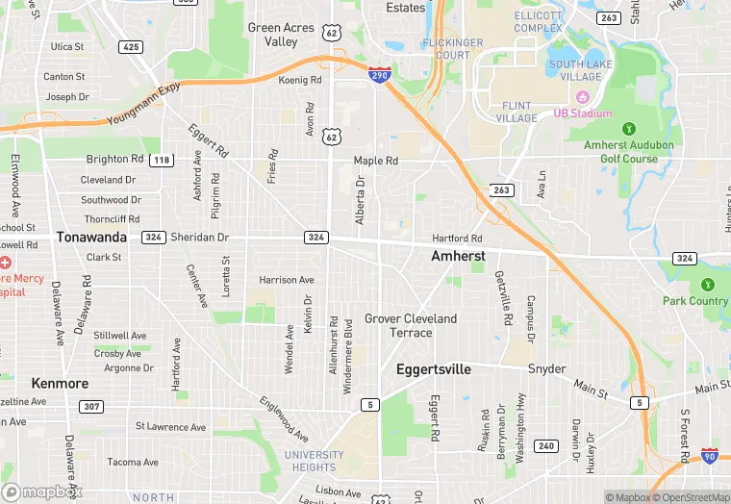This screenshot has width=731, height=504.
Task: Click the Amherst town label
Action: pyautogui.click(x=457, y=257)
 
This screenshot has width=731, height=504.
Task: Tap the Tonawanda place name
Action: pyautogui.click(x=91, y=237)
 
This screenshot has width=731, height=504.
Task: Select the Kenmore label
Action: pyautogui.click(x=60, y=383)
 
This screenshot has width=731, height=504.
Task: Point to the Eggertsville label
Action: pyautogui.click(x=434, y=368)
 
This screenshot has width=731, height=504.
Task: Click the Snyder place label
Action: pyautogui.click(x=546, y=369)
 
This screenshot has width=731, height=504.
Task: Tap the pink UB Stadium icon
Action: pyautogui.click(x=581, y=97)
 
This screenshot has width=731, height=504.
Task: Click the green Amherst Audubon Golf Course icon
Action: pyautogui.click(x=629, y=128)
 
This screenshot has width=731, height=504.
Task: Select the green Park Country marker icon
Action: pyautogui.click(x=708, y=285)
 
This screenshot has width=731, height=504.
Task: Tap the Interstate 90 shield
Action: pyautogui.click(x=710, y=456)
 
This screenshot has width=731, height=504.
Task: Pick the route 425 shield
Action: pyautogui.click(x=130, y=46)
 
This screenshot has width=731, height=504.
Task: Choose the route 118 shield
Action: pyautogui.click(x=162, y=160)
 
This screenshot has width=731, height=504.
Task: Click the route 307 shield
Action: pyautogui.click(x=91, y=407)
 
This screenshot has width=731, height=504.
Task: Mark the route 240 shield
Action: pyautogui.click(x=545, y=445)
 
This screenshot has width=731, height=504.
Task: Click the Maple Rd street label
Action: pyautogui.click(x=375, y=161)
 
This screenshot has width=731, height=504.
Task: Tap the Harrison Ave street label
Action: pyautogui.click(x=287, y=280)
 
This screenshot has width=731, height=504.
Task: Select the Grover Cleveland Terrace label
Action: pyautogui.click(x=411, y=325)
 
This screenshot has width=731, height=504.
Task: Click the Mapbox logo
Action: pyautogui.click(x=42, y=491)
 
